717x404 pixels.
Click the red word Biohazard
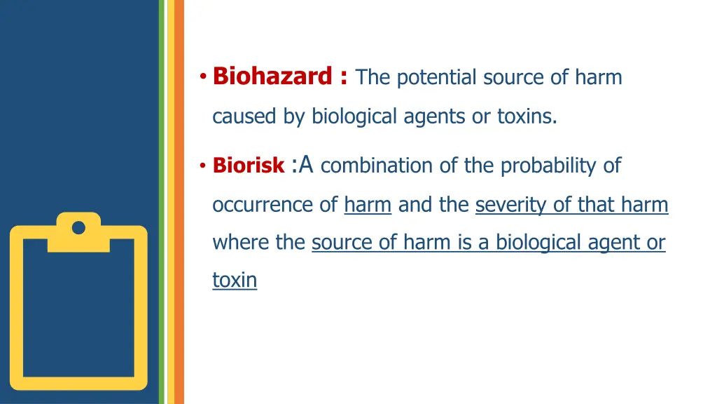click(x=272, y=76)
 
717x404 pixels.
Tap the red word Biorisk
click(x=248, y=166)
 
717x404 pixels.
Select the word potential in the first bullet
click(x=435, y=77)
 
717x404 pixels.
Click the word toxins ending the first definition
click(x=527, y=116)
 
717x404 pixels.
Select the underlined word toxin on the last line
click(x=235, y=281)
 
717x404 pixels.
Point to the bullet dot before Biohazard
click(x=202, y=76)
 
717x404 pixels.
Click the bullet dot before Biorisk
click(x=202, y=166)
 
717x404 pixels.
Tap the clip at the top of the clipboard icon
click(x=78, y=226)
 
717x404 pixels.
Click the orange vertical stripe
click(x=179, y=202)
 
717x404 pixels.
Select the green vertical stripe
click(x=162, y=202)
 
